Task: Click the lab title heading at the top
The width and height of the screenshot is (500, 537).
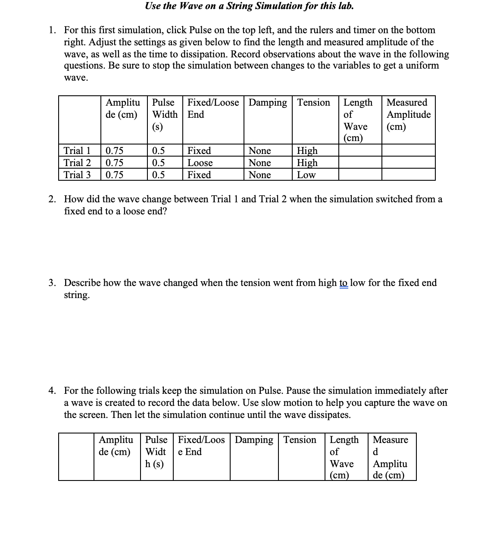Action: coord(249,6)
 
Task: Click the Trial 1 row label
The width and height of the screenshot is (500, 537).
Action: coord(77,151)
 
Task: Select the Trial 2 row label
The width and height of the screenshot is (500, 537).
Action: coord(77,163)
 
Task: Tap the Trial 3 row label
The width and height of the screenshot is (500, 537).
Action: coord(77,175)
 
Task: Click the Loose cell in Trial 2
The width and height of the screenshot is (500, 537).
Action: coord(200,163)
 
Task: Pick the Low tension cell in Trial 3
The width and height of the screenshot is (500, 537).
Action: coord(306,175)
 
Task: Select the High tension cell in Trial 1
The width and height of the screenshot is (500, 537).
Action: coord(307,151)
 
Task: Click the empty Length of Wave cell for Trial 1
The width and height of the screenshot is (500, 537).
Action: coord(360,151)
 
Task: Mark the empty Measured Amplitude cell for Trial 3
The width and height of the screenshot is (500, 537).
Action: coord(408,175)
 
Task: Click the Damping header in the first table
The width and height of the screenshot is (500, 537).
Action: coord(268,103)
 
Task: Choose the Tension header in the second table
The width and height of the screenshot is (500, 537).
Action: coord(300,440)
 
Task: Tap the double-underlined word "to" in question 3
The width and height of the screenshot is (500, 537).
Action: coord(343,283)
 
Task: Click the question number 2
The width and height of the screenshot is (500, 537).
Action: coord(52,199)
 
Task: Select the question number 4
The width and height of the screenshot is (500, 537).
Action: coord(52,391)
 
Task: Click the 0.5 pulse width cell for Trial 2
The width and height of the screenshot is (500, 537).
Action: coord(158,163)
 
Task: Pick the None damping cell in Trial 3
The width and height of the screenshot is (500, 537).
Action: coord(259,175)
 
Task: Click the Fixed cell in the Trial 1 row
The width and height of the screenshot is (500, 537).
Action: coord(199,151)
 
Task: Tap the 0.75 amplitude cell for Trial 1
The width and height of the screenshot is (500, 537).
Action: coord(115,151)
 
